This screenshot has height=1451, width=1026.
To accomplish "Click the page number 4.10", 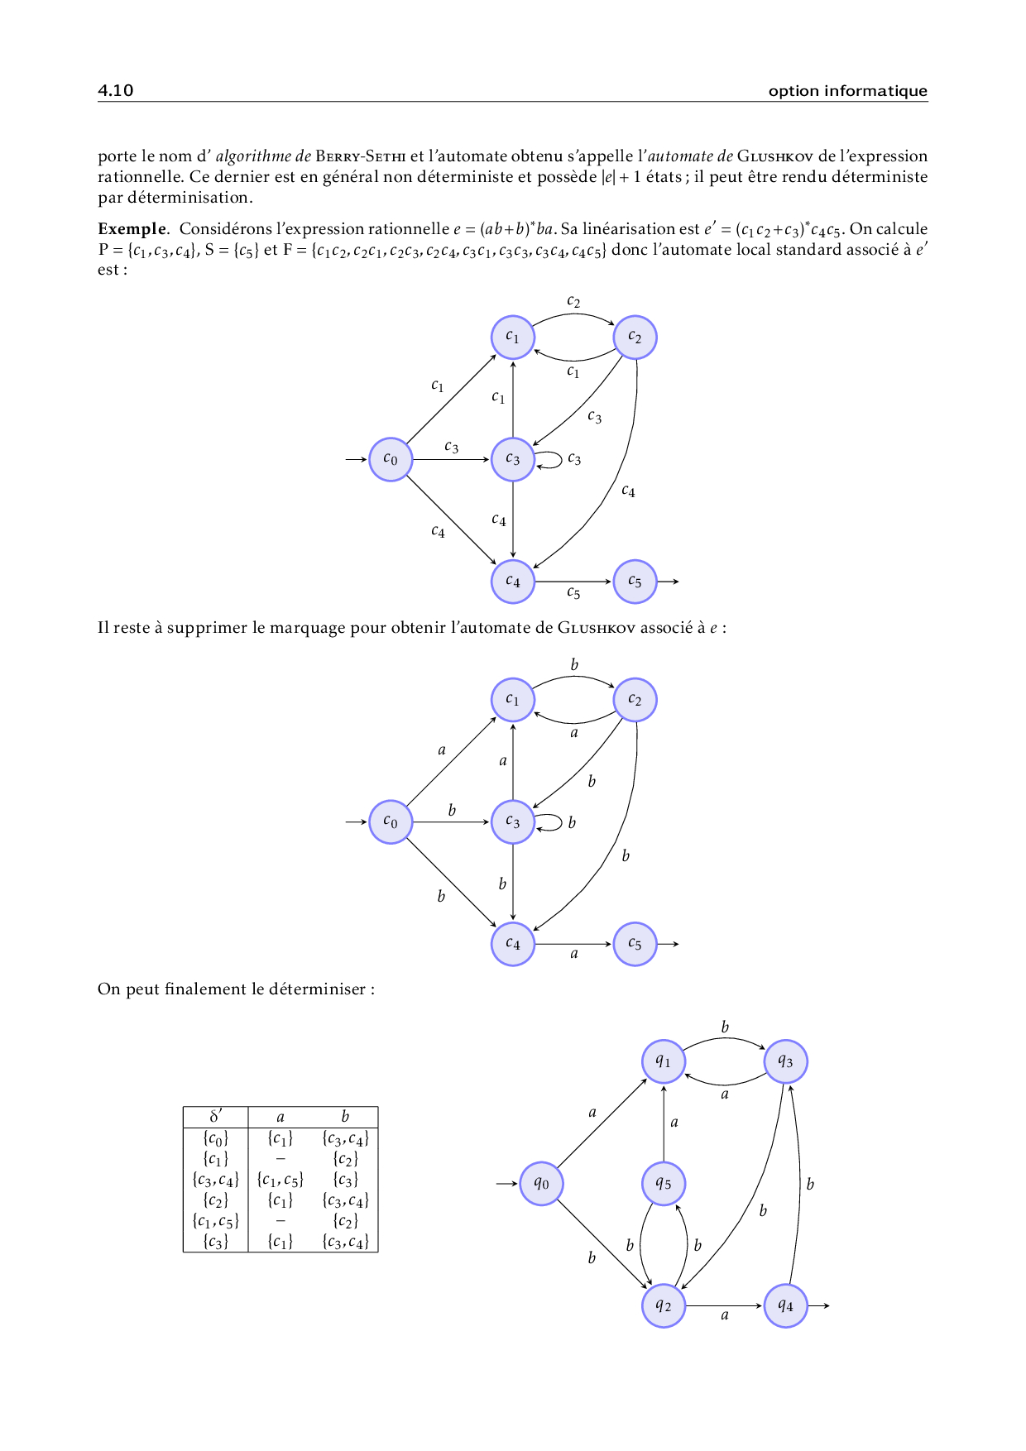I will pos(115,90).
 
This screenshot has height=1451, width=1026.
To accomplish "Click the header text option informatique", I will pos(847,91).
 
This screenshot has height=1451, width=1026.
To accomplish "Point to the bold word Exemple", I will pos(132,229).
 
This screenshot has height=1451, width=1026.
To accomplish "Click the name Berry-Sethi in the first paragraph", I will pos(361,156).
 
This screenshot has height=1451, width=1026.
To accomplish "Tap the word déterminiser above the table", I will pos(320,989).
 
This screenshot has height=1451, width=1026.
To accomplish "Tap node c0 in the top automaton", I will pos(391,459).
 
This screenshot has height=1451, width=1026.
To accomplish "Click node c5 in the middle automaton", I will pos(635,944).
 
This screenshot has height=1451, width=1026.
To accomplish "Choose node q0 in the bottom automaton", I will pos(541,1184).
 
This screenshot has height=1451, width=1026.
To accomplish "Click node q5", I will pos(664,1184).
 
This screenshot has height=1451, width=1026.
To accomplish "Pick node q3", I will pos(785,1061).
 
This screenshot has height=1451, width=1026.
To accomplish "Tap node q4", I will pos(785,1305).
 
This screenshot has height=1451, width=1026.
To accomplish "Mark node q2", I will pos(664,1305).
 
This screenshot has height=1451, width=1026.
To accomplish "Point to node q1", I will pos(664,1061).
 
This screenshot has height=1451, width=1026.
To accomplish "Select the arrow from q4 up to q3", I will pos(798,1184).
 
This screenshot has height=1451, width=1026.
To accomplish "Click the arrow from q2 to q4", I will pos(724,1305).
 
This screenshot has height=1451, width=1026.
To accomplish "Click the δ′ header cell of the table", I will pos(215,1117).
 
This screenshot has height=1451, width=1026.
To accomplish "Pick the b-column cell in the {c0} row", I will pos(345,1138).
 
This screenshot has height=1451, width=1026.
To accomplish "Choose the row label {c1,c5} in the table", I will pos(215,1221).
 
